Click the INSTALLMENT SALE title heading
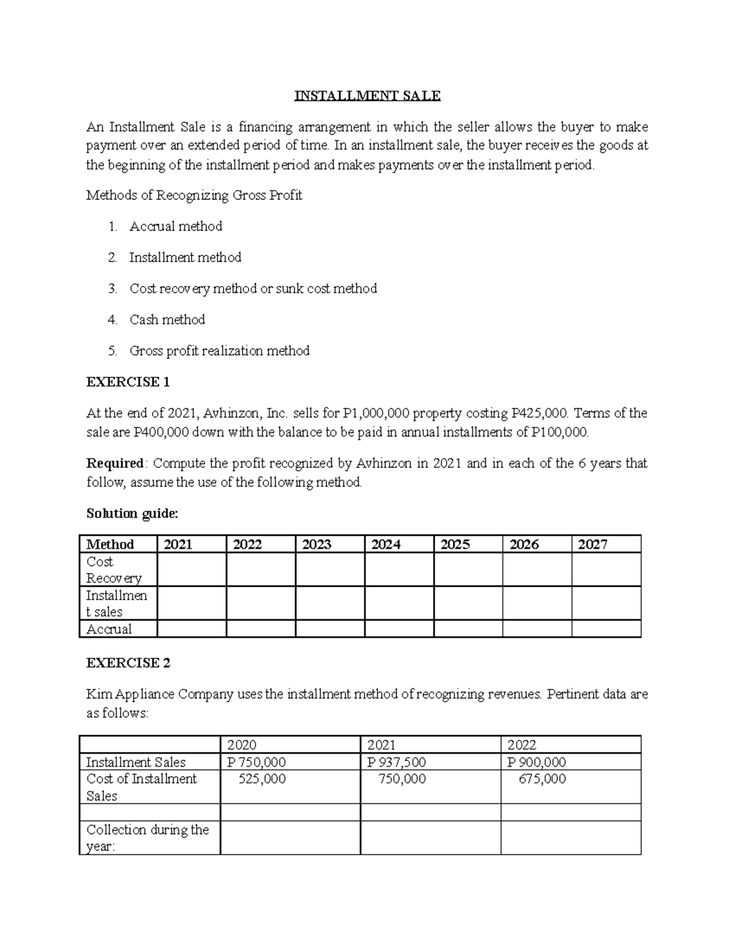coord(367,96)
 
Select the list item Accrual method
coord(176,227)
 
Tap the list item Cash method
coord(167,320)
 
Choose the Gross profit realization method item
coord(219,351)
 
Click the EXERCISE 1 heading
coord(128,382)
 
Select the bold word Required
coord(115,464)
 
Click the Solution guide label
coord(132,514)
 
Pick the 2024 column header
coord(386,544)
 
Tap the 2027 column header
coord(593,544)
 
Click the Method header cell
coord(110,544)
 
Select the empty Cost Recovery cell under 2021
coord(192,569)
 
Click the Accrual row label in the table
coord(109,629)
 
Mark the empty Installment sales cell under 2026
coord(537,603)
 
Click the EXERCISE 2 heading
coord(129,663)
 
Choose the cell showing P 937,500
coord(396,762)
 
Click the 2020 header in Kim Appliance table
coord(242,745)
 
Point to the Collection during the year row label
coord(148,838)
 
